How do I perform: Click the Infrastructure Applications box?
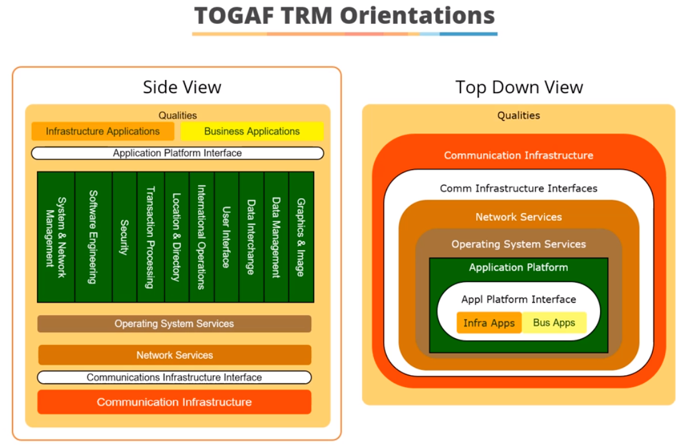102,131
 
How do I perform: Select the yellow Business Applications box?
252,131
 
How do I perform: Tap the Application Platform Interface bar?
177,153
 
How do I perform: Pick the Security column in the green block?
124,237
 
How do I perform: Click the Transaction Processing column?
150,237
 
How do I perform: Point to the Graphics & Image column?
302,237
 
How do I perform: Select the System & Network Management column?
56,237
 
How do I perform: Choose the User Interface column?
226,237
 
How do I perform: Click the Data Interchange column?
251,237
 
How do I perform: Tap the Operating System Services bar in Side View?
174,324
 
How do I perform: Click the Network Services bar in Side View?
175,354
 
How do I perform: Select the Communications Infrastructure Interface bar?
174,378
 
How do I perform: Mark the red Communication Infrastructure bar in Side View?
174,402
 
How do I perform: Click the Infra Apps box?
489,323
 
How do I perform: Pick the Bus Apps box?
554,323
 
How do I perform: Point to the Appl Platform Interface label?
518,299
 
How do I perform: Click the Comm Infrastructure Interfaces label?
518,189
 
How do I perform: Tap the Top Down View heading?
519,88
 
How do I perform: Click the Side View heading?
182,88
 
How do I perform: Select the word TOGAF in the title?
234,16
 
